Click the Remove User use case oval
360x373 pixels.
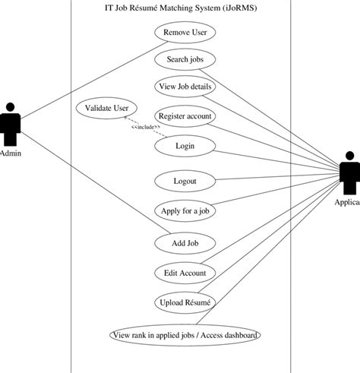pyautogui.click(x=185, y=33)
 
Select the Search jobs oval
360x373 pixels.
pyautogui.click(x=185, y=59)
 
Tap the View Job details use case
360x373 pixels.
pyautogui.click(x=185, y=87)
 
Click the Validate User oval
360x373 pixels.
pyautogui.click(x=106, y=109)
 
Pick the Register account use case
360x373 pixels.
pyautogui.click(x=185, y=116)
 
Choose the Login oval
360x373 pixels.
pyautogui.click(x=185, y=144)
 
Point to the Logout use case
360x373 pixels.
pyautogui.click(x=185, y=182)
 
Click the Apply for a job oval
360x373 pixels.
pyautogui.click(x=185, y=210)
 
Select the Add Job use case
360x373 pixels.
pyautogui.click(x=185, y=243)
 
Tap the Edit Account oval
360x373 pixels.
pyautogui.click(x=185, y=273)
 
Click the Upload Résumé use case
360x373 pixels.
pyautogui.click(x=185, y=302)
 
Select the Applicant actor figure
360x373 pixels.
pyautogui.click(x=349, y=173)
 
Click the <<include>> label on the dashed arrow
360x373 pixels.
pyautogui.click(x=146, y=127)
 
